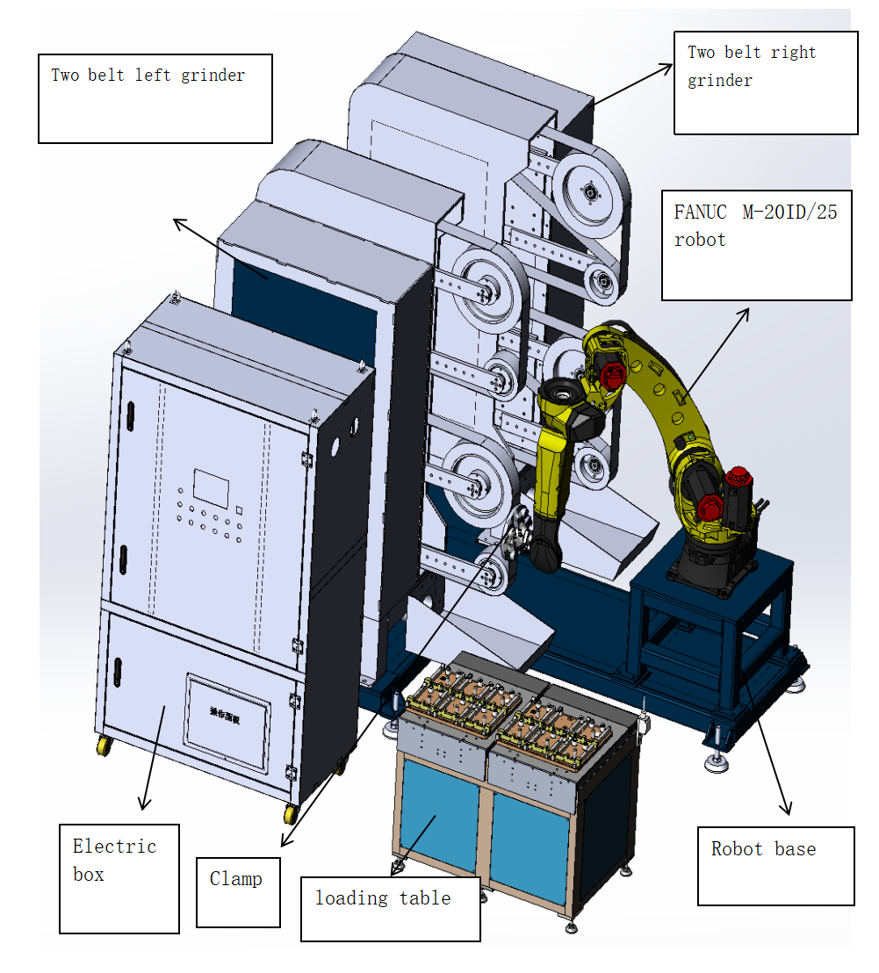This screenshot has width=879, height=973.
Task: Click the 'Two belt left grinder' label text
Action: tap(148, 76)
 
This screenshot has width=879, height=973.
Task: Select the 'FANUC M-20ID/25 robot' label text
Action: tap(755, 226)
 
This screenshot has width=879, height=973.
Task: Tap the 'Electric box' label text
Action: tap(113, 860)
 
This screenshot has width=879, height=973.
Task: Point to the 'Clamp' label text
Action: tap(235, 878)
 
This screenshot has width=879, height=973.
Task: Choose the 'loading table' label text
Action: tap(383, 897)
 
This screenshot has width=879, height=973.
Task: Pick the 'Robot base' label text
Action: tap(763, 849)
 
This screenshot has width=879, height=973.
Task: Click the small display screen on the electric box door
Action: tap(211, 486)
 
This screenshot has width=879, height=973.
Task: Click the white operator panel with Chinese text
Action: tap(227, 722)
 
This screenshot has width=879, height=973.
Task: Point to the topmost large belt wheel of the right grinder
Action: tap(590, 191)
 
